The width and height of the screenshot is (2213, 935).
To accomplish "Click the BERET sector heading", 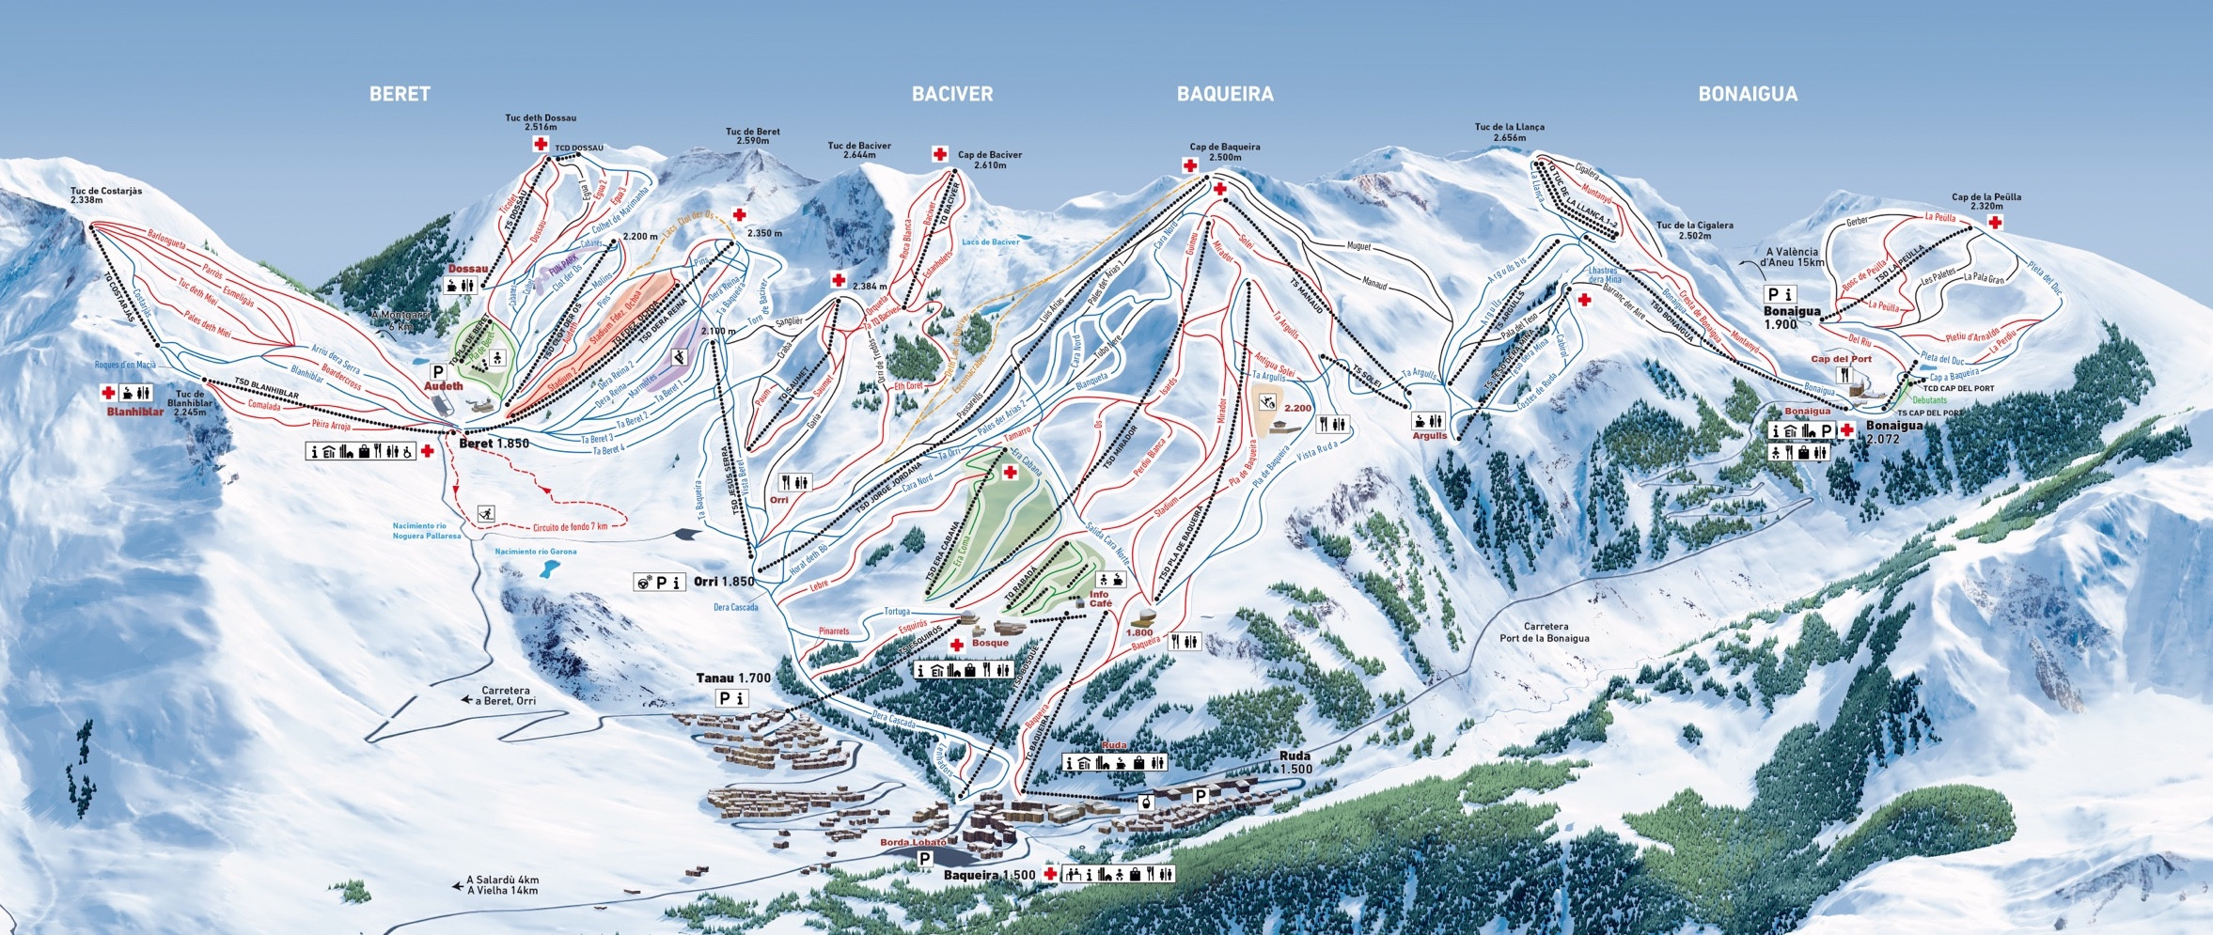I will [400, 94].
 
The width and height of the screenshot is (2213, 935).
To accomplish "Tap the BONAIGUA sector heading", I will [1748, 94].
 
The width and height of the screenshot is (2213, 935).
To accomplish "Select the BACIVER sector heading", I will [951, 94].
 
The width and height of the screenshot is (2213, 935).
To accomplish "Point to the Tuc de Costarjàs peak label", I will [106, 195].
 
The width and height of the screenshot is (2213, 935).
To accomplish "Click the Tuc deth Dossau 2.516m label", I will [541, 122].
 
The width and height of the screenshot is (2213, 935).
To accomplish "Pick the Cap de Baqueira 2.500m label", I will [1224, 152].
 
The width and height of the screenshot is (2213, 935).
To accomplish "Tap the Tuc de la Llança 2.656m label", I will [1509, 132].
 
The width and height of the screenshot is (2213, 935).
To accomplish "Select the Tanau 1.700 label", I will [733, 678].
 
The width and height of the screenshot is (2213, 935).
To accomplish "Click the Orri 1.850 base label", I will [724, 582].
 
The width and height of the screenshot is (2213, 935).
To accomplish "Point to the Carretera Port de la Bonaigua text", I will [1546, 631].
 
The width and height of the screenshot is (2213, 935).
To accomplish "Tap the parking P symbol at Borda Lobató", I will [925, 859].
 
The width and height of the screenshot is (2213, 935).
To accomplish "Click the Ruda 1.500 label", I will [1295, 762].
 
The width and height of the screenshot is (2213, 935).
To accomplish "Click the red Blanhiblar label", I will [134, 412].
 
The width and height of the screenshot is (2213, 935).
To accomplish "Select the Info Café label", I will [1099, 599].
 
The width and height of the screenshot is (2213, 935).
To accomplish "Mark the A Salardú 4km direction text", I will [502, 880].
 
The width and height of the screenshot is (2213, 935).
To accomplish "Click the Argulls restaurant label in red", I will [1429, 436].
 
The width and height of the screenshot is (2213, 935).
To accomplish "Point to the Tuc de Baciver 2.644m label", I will [858, 150].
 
